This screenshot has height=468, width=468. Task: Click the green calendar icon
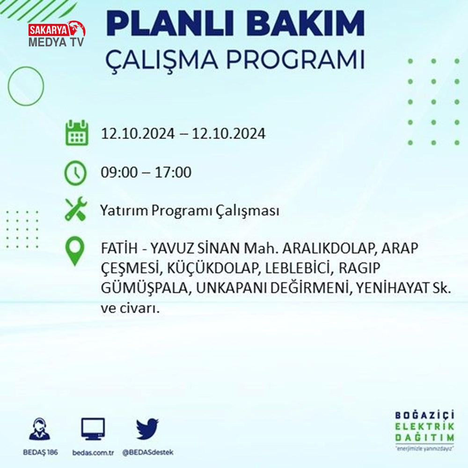click(x=77, y=132)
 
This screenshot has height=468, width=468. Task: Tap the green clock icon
click(x=75, y=173)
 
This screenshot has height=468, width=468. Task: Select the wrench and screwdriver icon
click(x=76, y=209)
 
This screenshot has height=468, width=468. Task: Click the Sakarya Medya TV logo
click(x=57, y=34)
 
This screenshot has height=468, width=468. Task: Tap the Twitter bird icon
click(x=147, y=429)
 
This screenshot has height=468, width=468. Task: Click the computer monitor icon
click(x=93, y=429)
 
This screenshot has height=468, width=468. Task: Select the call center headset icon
click(x=40, y=429)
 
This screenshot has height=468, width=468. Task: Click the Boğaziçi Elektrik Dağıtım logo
click(x=425, y=431)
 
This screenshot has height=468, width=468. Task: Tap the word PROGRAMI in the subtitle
click(x=295, y=60)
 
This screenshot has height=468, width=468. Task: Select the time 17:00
click(x=173, y=173)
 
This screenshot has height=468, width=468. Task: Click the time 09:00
click(x=119, y=173)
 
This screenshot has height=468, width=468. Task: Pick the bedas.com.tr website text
click(x=93, y=453)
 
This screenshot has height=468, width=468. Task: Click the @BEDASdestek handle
click(x=148, y=453)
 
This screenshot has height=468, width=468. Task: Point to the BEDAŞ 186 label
click(x=40, y=453)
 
